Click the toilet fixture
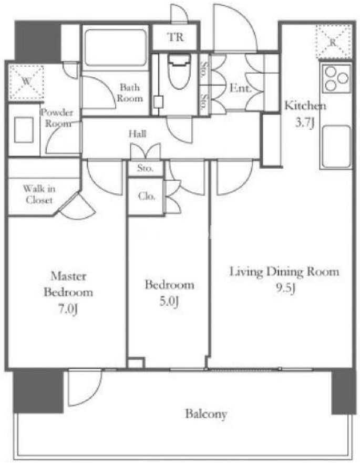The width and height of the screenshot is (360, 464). click(178, 71)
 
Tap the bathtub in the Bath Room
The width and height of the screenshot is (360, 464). click(116, 48)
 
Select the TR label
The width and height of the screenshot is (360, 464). click(175, 37)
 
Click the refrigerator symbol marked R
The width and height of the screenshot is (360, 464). click(334, 42)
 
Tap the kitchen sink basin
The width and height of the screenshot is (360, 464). click(336, 146)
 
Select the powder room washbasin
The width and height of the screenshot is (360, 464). click(24, 130)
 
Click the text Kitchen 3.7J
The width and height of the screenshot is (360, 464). click(305, 114)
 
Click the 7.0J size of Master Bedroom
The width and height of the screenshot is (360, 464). click(68, 310)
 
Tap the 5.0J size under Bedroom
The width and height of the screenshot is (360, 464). click(169, 302)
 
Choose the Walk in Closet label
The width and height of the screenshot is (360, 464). click(39, 194)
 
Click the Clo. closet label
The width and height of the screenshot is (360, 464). click(147, 196)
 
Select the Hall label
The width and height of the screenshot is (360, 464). click(137, 134)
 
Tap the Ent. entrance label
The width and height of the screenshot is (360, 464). click(240, 88)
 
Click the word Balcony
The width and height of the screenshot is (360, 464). click(206, 414)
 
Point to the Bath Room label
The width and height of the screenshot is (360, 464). click(130, 92)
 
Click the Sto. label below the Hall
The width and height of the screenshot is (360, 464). click(145, 168)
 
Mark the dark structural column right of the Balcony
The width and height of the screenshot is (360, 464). click(343, 391)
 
